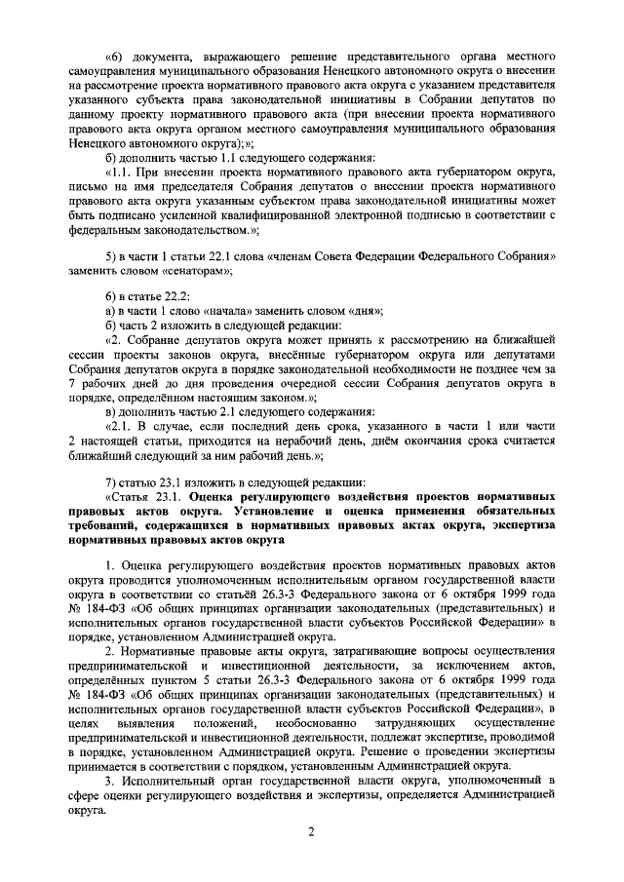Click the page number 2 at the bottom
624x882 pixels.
tap(309, 831)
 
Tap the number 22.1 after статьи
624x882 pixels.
tap(216, 256)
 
